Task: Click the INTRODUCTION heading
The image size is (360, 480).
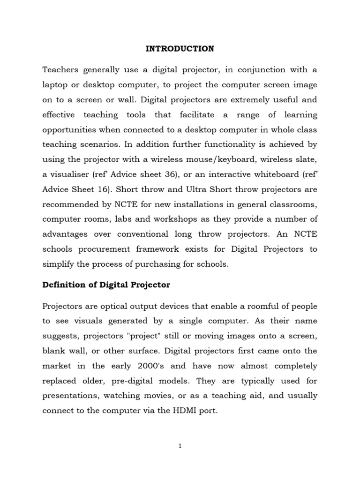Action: point(180,48)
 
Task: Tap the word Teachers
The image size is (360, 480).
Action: point(62,70)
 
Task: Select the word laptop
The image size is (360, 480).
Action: point(55,85)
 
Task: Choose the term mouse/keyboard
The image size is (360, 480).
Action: point(210,160)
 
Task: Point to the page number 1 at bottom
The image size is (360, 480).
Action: point(180,447)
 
